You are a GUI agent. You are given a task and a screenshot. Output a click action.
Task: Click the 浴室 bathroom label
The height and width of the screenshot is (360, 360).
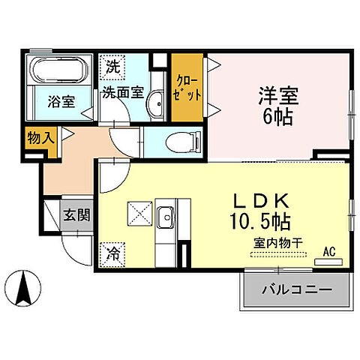pos(61,101)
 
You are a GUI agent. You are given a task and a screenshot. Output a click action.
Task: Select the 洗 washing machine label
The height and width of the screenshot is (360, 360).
pos(112,66)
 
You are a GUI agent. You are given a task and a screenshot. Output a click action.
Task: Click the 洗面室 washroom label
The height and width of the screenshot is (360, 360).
pos(123,93)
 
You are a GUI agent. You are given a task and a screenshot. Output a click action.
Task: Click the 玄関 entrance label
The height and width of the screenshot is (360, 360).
pos(76,215)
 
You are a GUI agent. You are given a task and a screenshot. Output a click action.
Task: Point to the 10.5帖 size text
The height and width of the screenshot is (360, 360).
pos(262,222)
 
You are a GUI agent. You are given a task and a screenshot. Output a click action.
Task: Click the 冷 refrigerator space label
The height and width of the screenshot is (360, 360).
pos(112,253)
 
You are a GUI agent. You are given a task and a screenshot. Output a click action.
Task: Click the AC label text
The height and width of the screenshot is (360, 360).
pos(328,251)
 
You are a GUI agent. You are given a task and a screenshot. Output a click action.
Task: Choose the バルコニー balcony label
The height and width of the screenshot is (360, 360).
pos(296,289)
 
